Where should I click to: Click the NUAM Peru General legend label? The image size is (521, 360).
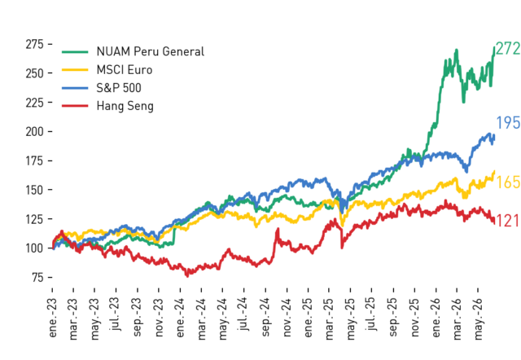[150, 51]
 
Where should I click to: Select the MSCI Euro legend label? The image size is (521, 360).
[125, 70]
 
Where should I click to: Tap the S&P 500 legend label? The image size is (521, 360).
[119, 88]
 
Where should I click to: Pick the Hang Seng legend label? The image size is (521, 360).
[125, 106]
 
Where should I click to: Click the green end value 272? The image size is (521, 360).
[508, 49]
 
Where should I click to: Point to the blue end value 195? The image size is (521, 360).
[508, 123]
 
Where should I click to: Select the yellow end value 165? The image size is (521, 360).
[508, 182]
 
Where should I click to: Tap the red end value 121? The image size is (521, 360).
[507, 221]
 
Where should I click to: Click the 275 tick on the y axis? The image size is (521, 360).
[34, 44]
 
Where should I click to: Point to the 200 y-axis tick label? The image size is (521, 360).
[34, 132]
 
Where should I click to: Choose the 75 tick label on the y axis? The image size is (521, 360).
[38, 277]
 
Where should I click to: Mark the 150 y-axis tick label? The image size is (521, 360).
[34, 190]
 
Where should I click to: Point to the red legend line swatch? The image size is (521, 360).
[75, 106]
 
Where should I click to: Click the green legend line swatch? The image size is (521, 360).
[75, 52]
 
